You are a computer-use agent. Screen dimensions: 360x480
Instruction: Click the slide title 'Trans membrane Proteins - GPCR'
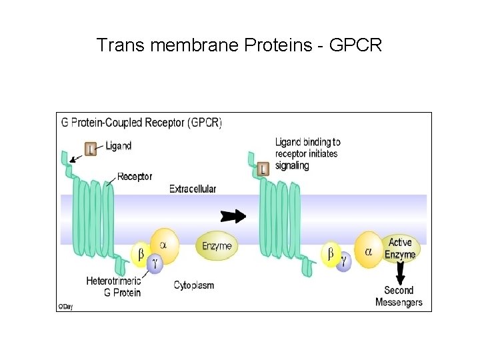tap(239, 45)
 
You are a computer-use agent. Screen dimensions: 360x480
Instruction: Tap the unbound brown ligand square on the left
tap(91, 148)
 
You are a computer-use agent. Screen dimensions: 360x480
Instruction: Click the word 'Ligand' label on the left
tap(118, 146)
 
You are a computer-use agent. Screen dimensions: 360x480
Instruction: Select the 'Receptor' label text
tap(135, 177)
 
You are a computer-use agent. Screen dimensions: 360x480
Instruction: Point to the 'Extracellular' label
tap(193, 189)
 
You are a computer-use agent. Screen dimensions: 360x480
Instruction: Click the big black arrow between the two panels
tap(233, 216)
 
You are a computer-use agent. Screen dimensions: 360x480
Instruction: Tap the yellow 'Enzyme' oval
tap(217, 246)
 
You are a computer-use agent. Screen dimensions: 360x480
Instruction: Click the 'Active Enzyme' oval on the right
tap(401, 249)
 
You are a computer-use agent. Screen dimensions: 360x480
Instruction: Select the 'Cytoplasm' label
tap(194, 285)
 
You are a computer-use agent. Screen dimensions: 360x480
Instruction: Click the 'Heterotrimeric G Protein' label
tap(114, 287)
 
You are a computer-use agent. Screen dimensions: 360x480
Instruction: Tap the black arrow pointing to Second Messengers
tap(400, 272)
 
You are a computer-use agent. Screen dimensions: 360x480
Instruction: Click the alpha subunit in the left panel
tap(163, 245)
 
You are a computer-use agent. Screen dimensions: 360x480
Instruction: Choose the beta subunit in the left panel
tap(141, 254)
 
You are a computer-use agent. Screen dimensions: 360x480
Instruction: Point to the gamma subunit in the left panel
tap(155, 263)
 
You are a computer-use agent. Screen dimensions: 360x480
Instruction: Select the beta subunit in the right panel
tap(330, 254)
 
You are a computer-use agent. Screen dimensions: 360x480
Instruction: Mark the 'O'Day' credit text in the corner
tap(65, 307)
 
